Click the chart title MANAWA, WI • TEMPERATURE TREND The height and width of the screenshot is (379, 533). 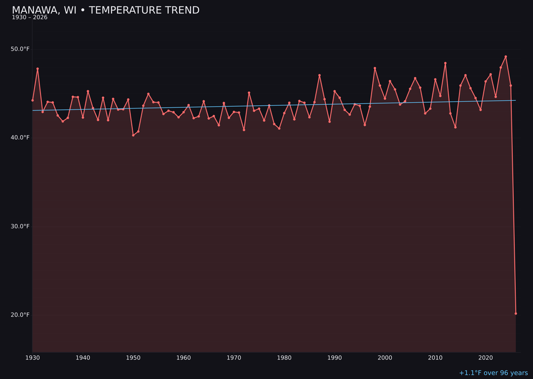point(106,10)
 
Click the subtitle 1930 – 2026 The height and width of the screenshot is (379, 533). point(30,18)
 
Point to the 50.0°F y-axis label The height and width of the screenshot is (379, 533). point(20,49)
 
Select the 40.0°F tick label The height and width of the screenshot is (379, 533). point(20,138)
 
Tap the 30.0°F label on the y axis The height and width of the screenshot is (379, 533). point(20,227)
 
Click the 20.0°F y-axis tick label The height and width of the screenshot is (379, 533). point(20,315)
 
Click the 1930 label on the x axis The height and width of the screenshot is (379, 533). point(33,358)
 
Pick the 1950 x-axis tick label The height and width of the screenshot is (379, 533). point(133,358)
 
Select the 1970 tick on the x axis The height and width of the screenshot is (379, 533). point(234,358)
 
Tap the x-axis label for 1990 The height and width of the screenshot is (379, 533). point(335,358)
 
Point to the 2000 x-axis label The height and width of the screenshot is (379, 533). point(385,358)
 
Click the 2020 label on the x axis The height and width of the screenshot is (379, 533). point(486,358)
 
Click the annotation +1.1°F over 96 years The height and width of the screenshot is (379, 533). point(493,373)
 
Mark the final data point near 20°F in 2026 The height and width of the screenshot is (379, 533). point(516,313)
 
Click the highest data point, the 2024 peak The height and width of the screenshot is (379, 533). point(506,57)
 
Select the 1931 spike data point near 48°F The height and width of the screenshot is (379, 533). point(38,69)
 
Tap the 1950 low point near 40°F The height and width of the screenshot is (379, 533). point(133,135)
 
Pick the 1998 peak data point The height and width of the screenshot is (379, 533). point(375,68)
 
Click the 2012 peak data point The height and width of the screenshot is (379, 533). point(445,63)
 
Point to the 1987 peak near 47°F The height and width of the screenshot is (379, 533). point(319,75)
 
